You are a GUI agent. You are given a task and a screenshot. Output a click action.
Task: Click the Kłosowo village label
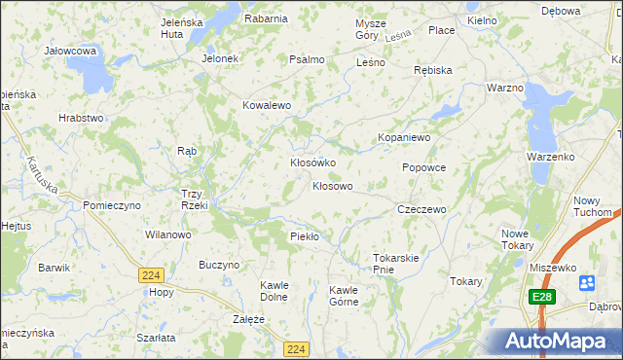(x=332, y=185)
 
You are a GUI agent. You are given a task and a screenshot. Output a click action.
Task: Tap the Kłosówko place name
(x=312, y=162)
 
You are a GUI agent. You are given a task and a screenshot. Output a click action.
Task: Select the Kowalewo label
(x=267, y=105)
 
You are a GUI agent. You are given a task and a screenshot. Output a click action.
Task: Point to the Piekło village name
(x=306, y=236)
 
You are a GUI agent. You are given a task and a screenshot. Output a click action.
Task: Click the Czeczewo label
(x=421, y=209)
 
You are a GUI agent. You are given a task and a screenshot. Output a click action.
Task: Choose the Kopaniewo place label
(x=404, y=138)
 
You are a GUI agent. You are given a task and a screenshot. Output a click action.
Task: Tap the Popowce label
(x=423, y=167)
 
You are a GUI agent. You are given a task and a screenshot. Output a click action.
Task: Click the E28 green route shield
(x=543, y=296)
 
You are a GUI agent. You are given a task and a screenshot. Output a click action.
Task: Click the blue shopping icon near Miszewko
(x=587, y=283)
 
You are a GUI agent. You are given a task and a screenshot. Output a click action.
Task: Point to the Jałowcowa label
(x=70, y=50)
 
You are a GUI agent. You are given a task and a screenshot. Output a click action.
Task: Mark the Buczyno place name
(x=219, y=265)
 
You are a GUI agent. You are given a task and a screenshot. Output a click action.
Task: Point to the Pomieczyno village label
(x=112, y=205)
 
